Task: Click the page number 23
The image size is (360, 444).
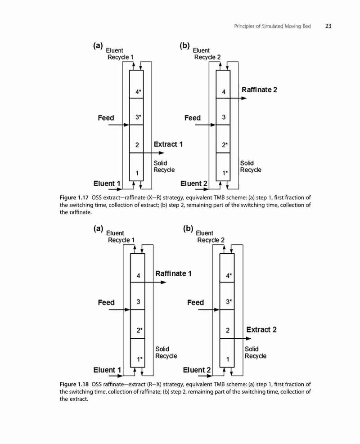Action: [x=328, y=26]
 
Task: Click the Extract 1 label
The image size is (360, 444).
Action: [x=168, y=144]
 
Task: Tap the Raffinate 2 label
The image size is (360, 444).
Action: [x=260, y=90]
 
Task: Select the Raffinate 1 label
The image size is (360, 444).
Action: [x=173, y=274]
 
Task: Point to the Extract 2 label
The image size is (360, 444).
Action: [x=261, y=330]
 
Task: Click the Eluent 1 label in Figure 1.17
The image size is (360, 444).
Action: [x=107, y=184]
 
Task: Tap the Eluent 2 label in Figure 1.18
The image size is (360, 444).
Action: [x=197, y=370]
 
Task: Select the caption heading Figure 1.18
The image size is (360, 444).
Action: [x=74, y=384]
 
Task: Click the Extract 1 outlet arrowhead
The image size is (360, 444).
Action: [x=161, y=153]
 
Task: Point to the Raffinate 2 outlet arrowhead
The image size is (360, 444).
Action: [x=244, y=98]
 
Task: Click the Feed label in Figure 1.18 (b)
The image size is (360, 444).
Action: [x=195, y=302]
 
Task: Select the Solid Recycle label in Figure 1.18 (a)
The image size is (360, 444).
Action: [x=166, y=353]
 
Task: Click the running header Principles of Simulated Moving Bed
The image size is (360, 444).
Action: [x=273, y=26]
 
